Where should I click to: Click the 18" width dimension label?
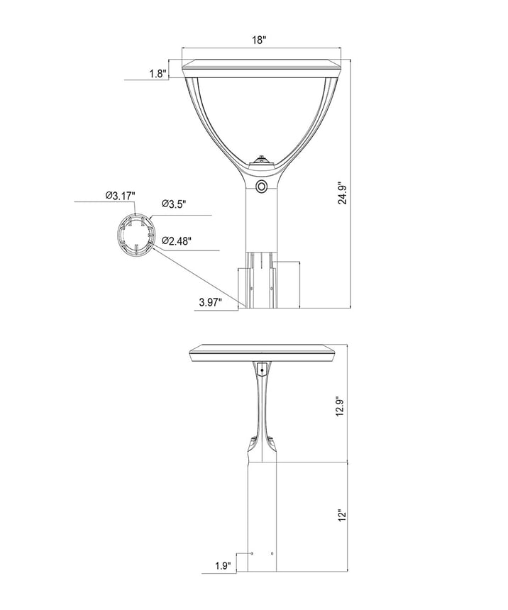point(258,40)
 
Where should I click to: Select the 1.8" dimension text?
point(158,74)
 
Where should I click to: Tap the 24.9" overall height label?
point(343,193)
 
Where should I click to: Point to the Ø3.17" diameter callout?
point(121,196)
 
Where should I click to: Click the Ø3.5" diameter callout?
point(175,204)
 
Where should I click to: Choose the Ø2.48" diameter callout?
point(177,241)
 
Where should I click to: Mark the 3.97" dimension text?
point(210,302)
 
